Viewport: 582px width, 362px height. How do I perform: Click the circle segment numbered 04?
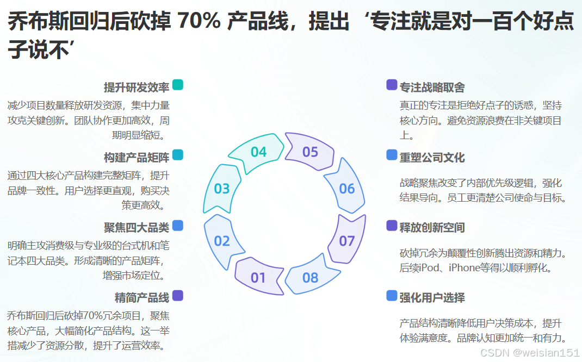click(x=258, y=152)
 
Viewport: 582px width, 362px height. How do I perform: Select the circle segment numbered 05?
click(x=310, y=152)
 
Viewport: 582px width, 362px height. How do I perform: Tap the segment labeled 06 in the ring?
click(x=346, y=188)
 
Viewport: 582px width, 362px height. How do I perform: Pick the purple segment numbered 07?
click(x=346, y=240)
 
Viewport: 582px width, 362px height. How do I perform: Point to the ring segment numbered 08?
click(x=310, y=278)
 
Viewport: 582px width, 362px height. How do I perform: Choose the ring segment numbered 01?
click(x=258, y=278)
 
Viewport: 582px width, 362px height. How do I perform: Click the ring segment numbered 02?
click(x=222, y=240)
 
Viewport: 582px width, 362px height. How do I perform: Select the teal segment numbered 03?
click(x=222, y=188)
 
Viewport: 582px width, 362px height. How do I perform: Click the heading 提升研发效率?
click(x=137, y=88)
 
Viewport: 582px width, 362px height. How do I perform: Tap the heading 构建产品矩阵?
click(x=137, y=158)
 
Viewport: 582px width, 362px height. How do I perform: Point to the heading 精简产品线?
click(x=142, y=298)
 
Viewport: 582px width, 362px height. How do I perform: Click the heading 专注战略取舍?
click(x=432, y=88)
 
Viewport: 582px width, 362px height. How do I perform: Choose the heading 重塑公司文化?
click(x=432, y=158)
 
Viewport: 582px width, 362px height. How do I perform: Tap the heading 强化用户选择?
click(x=432, y=298)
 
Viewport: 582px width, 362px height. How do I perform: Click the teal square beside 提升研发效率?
click(x=177, y=85)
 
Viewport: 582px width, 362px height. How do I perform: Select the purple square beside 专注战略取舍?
click(x=392, y=85)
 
